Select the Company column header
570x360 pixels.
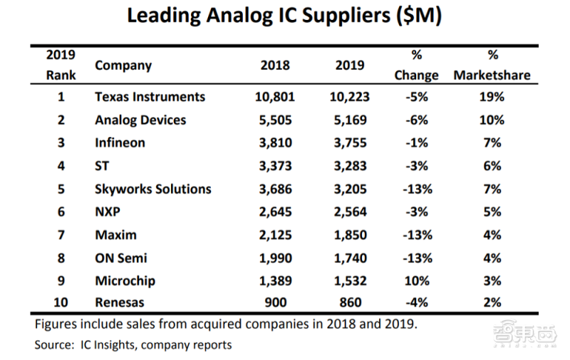(123, 65)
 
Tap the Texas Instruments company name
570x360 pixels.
(150, 96)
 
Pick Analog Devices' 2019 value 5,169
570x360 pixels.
(349, 120)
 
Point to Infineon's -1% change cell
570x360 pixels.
(416, 143)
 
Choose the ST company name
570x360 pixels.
(103, 166)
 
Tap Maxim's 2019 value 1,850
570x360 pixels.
(349, 235)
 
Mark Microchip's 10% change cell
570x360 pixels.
(416, 281)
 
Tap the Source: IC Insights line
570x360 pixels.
(133, 345)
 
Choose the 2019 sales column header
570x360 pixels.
(349, 65)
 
